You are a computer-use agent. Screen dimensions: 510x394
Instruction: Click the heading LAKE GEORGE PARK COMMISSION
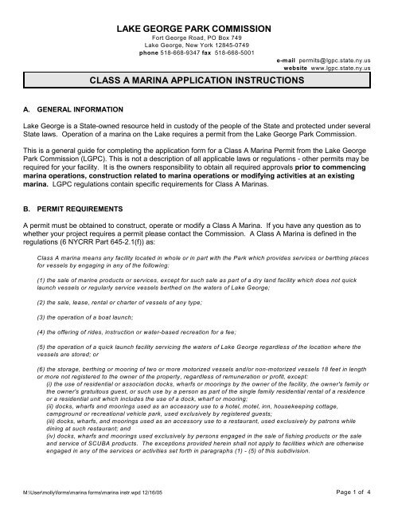(x=196, y=29)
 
